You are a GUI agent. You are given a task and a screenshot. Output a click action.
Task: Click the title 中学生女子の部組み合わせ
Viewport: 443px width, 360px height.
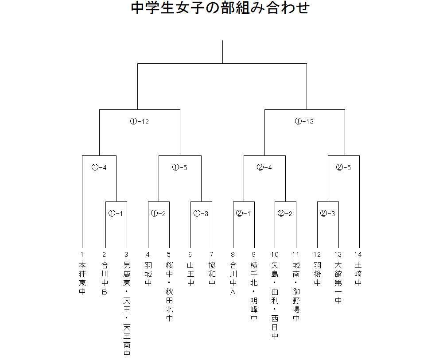pos(220,8)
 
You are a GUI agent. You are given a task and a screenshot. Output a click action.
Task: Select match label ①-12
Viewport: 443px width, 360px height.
pos(139,121)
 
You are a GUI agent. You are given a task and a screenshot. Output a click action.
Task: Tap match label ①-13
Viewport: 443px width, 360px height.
pos(304,121)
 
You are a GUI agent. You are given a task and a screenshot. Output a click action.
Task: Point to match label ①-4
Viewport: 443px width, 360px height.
pos(99,167)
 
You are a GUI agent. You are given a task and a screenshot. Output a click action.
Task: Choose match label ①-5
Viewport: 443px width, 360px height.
pos(179,167)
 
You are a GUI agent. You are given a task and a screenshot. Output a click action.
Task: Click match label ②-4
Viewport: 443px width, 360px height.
pos(264,167)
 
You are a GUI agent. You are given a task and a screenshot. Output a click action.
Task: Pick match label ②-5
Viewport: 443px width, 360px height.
pos(343,167)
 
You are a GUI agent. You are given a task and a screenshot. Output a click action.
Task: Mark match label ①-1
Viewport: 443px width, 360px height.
pos(116,213)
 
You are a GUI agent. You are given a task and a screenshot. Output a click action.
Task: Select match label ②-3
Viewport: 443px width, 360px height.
pos(327,213)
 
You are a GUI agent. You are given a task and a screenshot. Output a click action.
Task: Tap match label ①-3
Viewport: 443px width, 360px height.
pos(201,213)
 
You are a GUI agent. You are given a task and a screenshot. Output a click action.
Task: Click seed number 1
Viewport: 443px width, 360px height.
pos(82,255)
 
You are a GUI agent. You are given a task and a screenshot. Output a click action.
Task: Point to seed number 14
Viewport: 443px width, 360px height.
pos(358,255)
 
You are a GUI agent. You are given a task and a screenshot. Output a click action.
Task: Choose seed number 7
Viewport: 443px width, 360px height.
pos(211,255)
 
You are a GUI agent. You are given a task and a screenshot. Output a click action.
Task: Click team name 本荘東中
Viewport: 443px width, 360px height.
pos(82,279)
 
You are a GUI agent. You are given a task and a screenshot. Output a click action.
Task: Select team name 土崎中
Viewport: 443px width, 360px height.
pos(358,274)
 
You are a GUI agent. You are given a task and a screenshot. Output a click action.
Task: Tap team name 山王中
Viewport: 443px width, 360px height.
pos(190,274)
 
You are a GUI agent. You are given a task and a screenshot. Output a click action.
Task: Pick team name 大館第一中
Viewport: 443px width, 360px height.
pos(338,283)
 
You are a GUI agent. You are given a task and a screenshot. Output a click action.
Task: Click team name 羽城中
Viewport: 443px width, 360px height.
pos(148,274)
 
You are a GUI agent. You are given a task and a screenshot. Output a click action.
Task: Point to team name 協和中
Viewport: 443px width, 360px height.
pos(212,274)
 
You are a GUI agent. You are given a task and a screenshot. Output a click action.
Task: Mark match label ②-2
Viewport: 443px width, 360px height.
pos(285,213)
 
